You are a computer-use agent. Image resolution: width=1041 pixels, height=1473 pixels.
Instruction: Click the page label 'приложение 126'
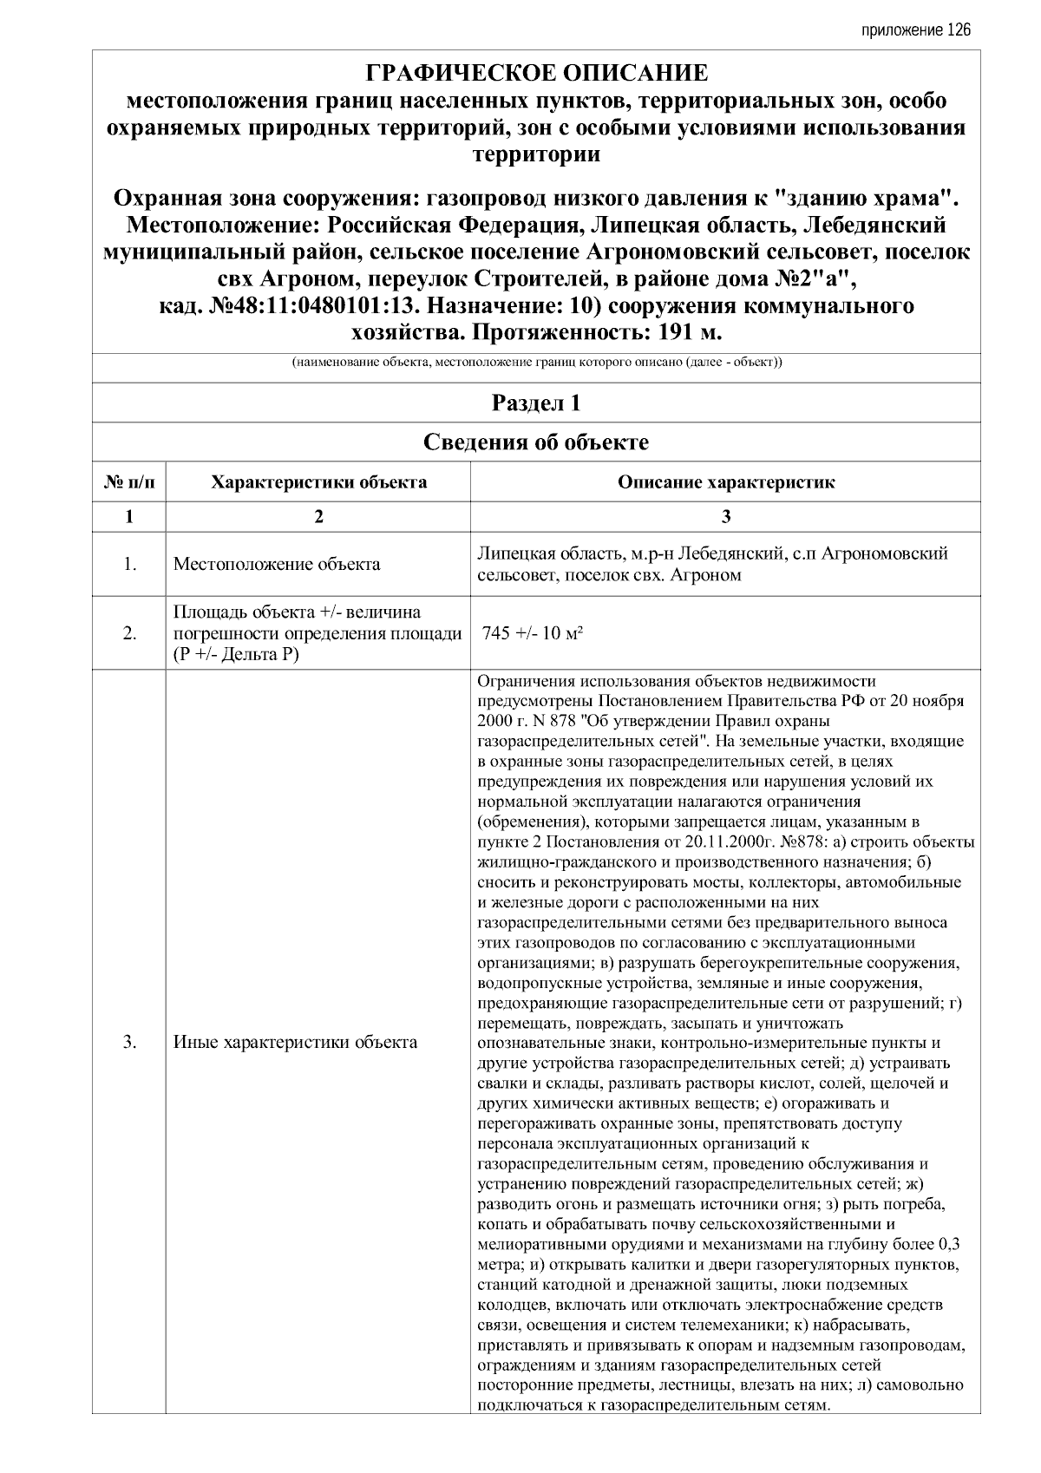pyautogui.click(x=916, y=30)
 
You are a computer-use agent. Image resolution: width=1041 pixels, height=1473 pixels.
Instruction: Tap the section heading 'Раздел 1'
pyautogui.click(x=536, y=403)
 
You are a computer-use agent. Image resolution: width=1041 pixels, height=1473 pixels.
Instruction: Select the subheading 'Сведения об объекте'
pyautogui.click(x=536, y=443)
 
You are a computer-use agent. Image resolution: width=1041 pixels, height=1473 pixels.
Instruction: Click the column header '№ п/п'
pyautogui.click(x=129, y=483)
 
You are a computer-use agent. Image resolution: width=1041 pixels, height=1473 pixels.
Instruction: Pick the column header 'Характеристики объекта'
pyautogui.click(x=318, y=483)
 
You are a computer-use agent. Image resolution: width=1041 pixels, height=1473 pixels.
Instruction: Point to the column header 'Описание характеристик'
pyautogui.click(x=725, y=483)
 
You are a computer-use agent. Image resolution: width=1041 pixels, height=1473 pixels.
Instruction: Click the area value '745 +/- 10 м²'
pyautogui.click(x=532, y=633)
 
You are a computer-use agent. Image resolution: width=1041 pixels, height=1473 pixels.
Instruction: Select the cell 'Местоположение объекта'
pyautogui.click(x=277, y=565)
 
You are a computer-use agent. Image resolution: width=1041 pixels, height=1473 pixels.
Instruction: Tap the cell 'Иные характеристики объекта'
pyautogui.click(x=295, y=1043)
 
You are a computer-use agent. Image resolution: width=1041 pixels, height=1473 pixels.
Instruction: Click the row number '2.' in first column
pyautogui.click(x=129, y=633)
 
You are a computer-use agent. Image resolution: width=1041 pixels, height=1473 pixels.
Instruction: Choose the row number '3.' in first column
pyautogui.click(x=129, y=1043)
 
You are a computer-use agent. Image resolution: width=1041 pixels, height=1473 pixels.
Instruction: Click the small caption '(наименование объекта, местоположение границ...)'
pyautogui.click(x=536, y=363)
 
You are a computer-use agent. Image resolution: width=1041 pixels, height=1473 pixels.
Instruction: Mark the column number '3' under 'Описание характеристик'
pyautogui.click(x=725, y=517)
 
